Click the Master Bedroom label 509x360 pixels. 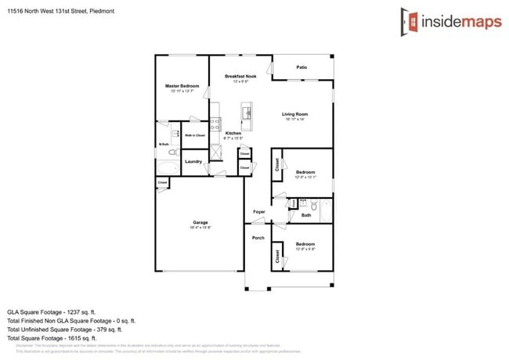tap(182, 85)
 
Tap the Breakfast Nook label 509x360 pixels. tap(236, 76)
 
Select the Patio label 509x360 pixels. tap(301, 67)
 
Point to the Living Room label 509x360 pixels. tap(295, 114)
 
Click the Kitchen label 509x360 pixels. tap(233, 133)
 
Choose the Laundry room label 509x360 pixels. tap(193, 161)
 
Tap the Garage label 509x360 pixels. tap(200, 222)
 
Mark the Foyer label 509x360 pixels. tap(258, 211)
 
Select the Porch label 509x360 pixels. tap(258, 238)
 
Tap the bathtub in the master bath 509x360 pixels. tap(168, 167)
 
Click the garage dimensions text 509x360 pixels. tap(200, 228)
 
